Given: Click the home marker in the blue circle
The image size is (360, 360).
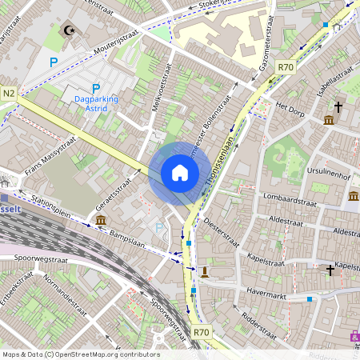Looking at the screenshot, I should (180, 173).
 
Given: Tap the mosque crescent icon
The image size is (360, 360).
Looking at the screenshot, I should (69, 31).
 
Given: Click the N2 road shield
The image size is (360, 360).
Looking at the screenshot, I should (9, 94).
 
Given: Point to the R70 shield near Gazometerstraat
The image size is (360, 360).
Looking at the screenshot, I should (286, 68).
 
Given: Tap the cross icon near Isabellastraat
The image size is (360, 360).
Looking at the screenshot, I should (338, 106).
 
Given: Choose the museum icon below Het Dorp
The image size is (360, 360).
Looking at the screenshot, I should (329, 121).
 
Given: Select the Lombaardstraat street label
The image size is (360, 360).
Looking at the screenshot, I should (285, 195).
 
